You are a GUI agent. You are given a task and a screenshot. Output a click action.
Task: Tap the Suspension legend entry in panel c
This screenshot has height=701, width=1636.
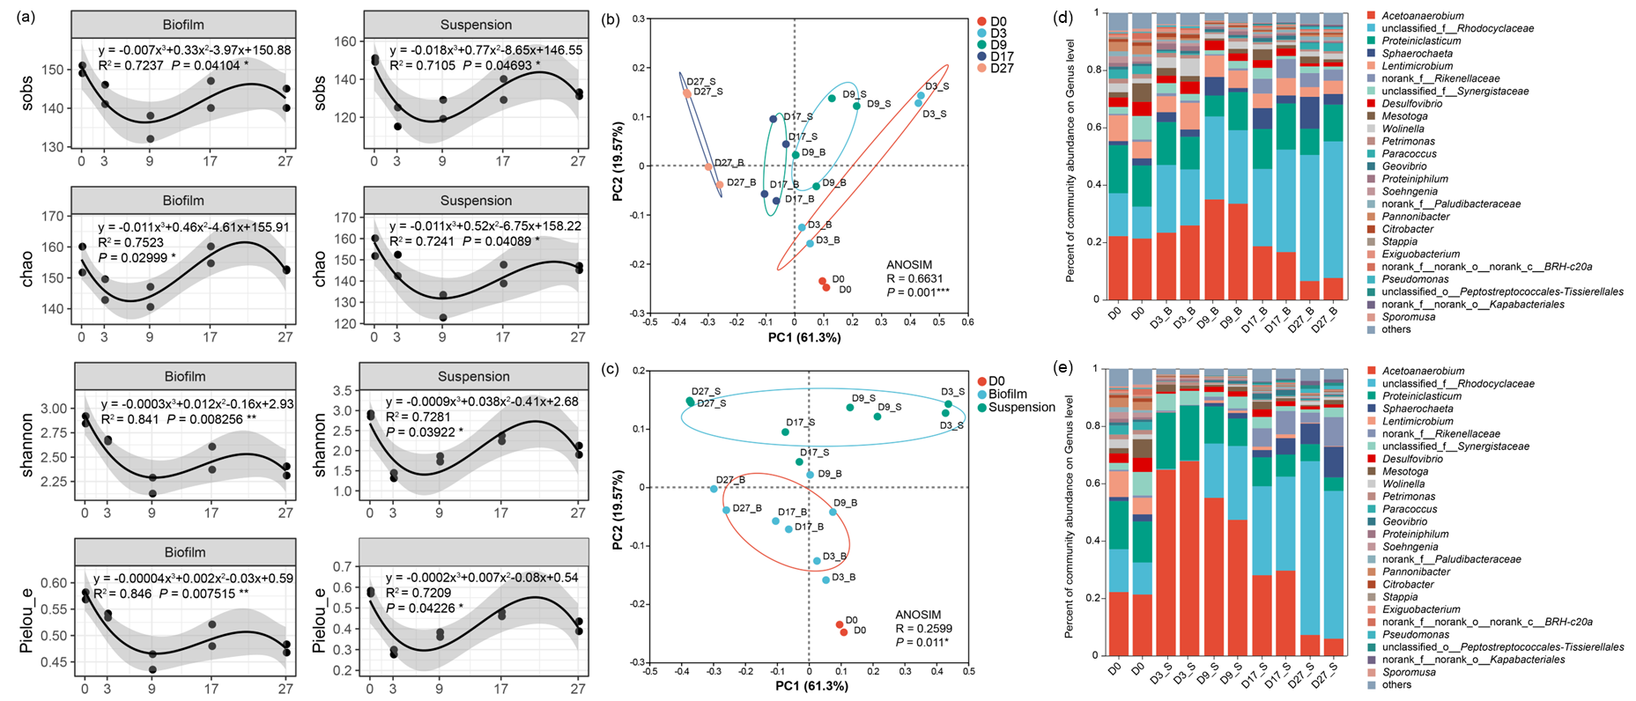[1021, 408]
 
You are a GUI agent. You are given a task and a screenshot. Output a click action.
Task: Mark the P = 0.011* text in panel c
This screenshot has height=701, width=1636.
[923, 643]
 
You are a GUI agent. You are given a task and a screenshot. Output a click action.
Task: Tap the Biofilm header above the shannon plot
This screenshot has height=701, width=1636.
[184, 377]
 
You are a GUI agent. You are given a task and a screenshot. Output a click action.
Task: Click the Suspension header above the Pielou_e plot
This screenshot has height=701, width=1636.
[475, 553]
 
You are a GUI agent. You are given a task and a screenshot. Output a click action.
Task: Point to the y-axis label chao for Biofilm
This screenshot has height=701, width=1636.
[27, 269]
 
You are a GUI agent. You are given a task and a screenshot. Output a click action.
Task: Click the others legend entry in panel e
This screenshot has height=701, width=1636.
[1396, 684]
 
